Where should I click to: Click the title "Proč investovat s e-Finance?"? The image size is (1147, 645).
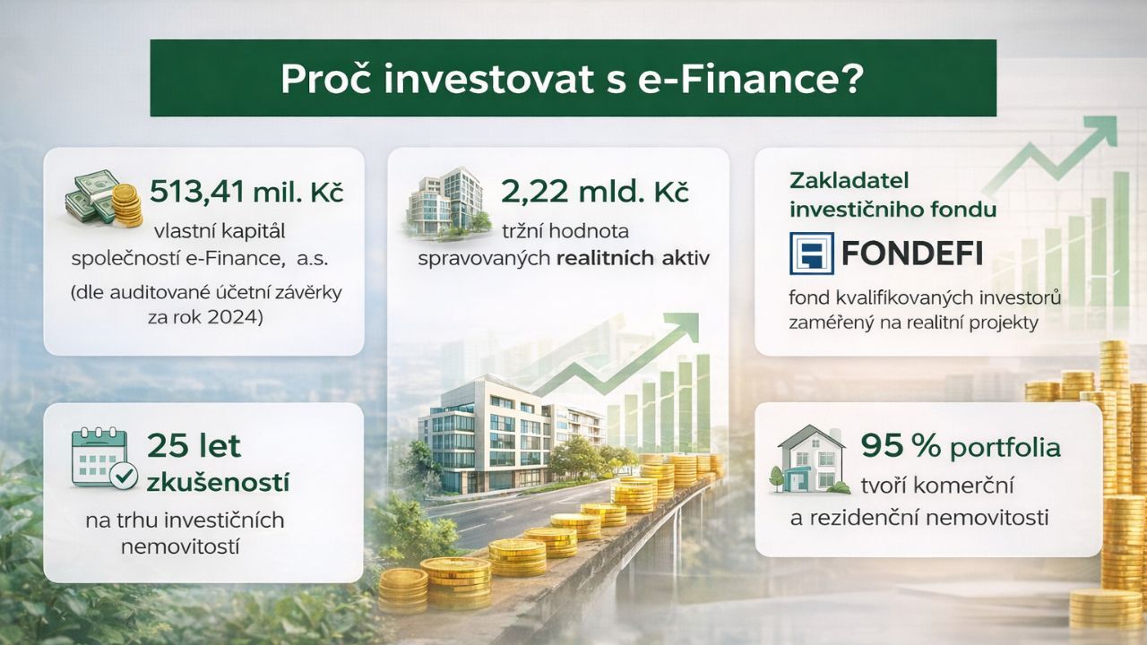click(573, 79)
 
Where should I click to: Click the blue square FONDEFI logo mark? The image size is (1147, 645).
click(811, 253)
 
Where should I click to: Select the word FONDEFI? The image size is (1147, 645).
click(912, 254)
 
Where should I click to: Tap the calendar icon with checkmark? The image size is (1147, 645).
click(103, 458)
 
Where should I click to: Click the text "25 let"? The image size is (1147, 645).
click(194, 445)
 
